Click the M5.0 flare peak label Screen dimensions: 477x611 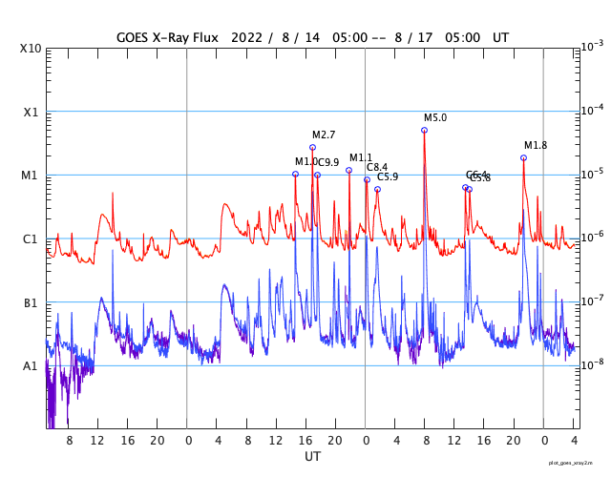[x=435, y=118]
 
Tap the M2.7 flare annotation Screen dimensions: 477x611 [x=324, y=135]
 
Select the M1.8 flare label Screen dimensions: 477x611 [x=536, y=145]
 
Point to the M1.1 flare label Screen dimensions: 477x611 [x=361, y=157]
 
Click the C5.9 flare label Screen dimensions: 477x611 [x=388, y=176]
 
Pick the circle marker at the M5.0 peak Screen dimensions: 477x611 [x=424, y=130]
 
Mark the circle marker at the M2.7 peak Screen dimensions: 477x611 [x=312, y=147]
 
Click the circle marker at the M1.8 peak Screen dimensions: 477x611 [x=523, y=157]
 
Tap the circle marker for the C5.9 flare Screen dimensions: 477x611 [x=377, y=189]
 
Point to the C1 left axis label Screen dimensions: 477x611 [x=31, y=238]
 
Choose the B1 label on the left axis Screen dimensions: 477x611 [x=31, y=302]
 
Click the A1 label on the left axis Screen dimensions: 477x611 [x=31, y=365]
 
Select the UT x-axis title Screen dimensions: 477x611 [x=312, y=457]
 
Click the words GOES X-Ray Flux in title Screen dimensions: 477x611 [x=167, y=37]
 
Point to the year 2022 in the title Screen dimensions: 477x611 [x=250, y=37]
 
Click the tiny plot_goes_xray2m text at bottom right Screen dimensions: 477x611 [x=578, y=463]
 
